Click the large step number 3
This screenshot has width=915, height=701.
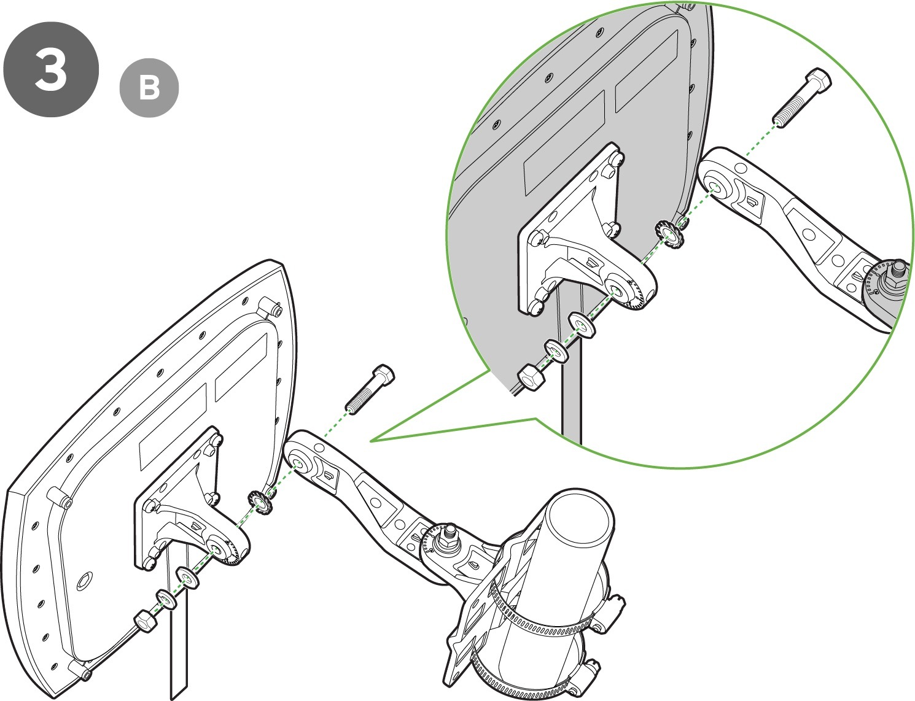tap(51, 69)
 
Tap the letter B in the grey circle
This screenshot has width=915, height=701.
tap(149, 88)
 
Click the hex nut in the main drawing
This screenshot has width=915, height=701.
tap(144, 621)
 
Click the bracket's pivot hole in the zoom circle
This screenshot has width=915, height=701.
tap(617, 290)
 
